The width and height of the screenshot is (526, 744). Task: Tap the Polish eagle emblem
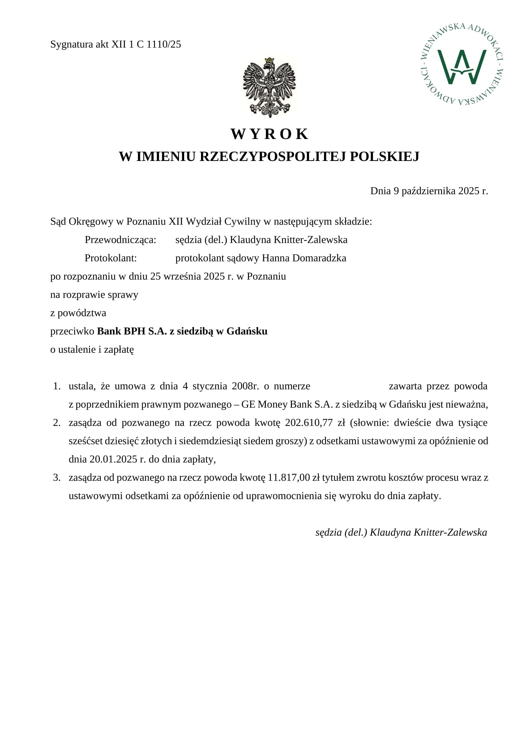click(269, 87)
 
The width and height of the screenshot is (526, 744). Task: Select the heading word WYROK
click(269, 134)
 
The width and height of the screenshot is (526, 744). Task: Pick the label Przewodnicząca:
click(120, 240)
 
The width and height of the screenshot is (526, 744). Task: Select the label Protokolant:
click(110, 258)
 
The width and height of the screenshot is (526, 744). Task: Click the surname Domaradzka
click(319, 258)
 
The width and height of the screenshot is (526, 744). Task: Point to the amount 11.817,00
click(289, 478)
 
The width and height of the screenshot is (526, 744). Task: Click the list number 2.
click(57, 423)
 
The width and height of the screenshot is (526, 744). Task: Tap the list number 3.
click(57, 478)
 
